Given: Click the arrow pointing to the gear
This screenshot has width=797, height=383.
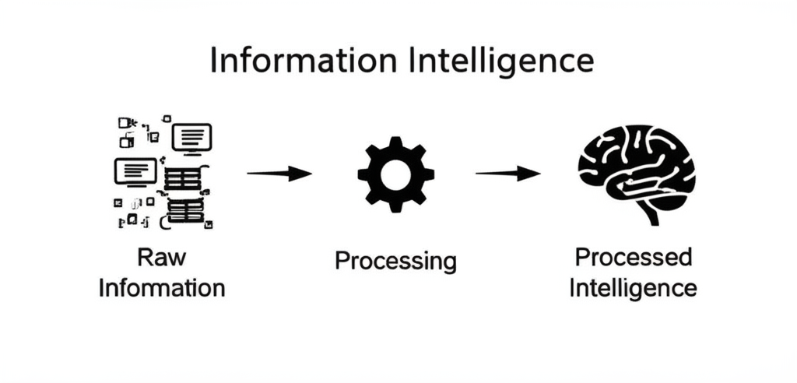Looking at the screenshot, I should tap(279, 174).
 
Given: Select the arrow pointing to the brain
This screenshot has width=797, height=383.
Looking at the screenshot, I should tap(507, 174).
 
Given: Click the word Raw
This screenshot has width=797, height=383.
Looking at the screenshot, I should tap(161, 258).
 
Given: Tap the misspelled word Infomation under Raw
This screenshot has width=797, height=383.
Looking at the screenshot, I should tap(162, 288).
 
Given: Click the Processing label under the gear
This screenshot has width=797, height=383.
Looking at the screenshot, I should tap(395, 260).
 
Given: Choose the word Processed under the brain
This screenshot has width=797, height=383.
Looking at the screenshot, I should tap(633, 257).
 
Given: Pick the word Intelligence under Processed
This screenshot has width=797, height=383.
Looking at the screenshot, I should tap(633, 287).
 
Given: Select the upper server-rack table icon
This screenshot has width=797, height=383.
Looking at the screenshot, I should tap(184, 178).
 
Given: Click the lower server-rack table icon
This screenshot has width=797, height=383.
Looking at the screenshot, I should tap(185, 210).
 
